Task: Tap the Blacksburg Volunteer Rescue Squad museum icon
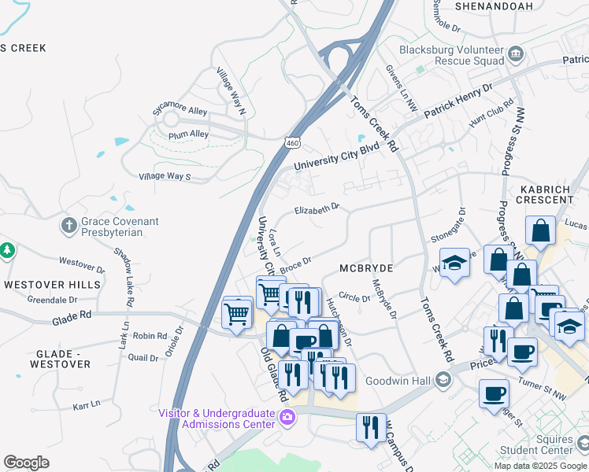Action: click(x=516, y=53)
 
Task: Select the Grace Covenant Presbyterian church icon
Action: click(x=69, y=226)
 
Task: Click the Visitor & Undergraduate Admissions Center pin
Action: click(x=287, y=417)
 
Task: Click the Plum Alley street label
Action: click(x=189, y=135)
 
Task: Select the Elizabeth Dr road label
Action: click(x=317, y=209)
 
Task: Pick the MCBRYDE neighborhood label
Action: click(x=365, y=268)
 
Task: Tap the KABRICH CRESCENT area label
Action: click(x=546, y=194)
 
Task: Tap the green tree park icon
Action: click(x=7, y=251)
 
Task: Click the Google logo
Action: click(x=26, y=463)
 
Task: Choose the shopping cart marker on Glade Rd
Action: click(x=237, y=314)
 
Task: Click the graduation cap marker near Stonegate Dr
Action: click(x=454, y=264)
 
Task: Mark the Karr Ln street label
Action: click(x=87, y=404)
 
